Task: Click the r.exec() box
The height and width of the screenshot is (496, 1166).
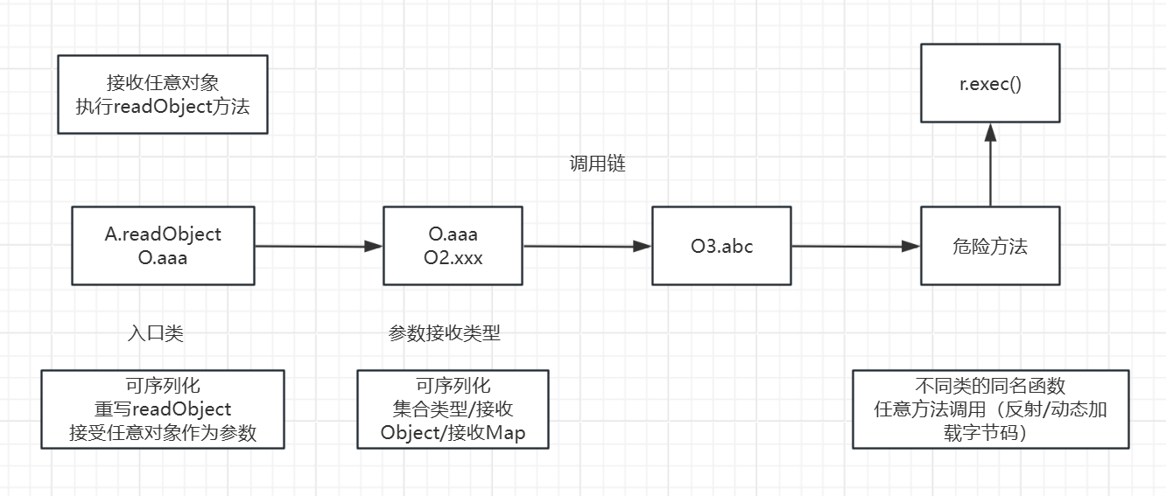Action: click(990, 85)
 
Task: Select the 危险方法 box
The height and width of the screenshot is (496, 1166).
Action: click(990, 246)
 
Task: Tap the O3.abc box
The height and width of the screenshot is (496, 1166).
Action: click(721, 246)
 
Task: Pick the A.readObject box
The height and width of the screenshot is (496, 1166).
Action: click(163, 246)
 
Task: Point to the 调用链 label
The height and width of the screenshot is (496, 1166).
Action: click(598, 164)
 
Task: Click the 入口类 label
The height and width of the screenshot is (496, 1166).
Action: click(156, 333)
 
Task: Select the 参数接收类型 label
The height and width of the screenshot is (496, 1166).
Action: click(445, 333)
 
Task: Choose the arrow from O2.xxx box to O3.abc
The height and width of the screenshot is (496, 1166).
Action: click(587, 247)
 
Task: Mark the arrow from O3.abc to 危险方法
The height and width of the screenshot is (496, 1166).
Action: click(856, 247)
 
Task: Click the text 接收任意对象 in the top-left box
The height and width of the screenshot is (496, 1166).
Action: click(163, 82)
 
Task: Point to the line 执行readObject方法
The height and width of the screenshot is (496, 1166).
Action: click(163, 108)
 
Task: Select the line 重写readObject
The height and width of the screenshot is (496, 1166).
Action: click(163, 409)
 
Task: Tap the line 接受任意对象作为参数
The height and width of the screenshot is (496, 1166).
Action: click(163, 432)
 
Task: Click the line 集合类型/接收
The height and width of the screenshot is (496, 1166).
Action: click(453, 409)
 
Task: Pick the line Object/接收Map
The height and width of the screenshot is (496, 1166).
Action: click(453, 432)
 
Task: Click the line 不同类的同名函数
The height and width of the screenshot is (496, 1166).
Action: click(990, 386)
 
